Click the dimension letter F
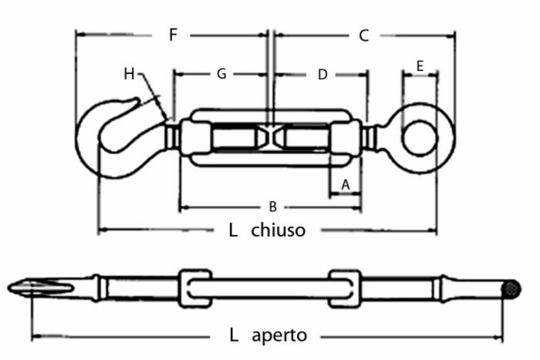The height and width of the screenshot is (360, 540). pos(174,35)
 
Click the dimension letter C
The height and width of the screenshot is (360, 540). pos(364,35)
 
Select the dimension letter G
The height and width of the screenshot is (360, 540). pos(221,74)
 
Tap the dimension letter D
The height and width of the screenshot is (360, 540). pos(322,74)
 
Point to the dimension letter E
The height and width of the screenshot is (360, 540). pos(420,66)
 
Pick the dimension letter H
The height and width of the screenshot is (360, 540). pos(130,74)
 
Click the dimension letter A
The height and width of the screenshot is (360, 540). pos(346,184)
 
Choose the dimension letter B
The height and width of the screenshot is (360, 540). pos(272,206)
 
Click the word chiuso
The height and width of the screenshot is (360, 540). pos(278,230)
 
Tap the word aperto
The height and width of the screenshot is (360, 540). pos(279,335)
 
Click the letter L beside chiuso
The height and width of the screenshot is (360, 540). pos(233,230)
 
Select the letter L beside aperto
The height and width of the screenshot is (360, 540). pos(233,335)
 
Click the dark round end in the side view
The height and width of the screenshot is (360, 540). pos(510,289)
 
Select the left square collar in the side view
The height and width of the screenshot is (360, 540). pos(194,289)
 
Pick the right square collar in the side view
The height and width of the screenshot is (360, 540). pos(344,289)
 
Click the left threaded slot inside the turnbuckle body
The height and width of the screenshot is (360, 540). pos(235,139)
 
